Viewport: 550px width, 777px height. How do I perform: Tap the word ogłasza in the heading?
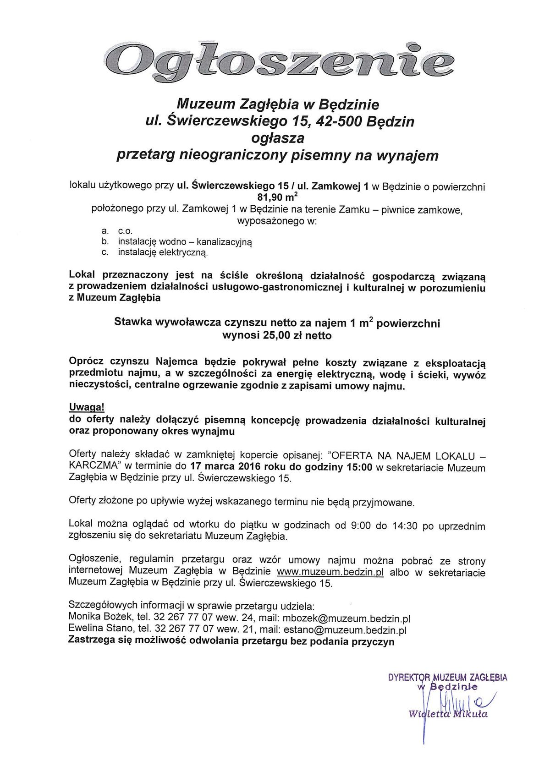pyautogui.click(x=277, y=138)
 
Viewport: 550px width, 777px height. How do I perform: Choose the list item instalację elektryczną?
pyautogui.click(x=163, y=252)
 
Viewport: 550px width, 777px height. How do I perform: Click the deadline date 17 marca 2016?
pyautogui.click(x=223, y=467)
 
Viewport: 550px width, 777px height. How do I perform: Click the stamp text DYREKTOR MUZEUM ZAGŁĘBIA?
pyautogui.click(x=447, y=678)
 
